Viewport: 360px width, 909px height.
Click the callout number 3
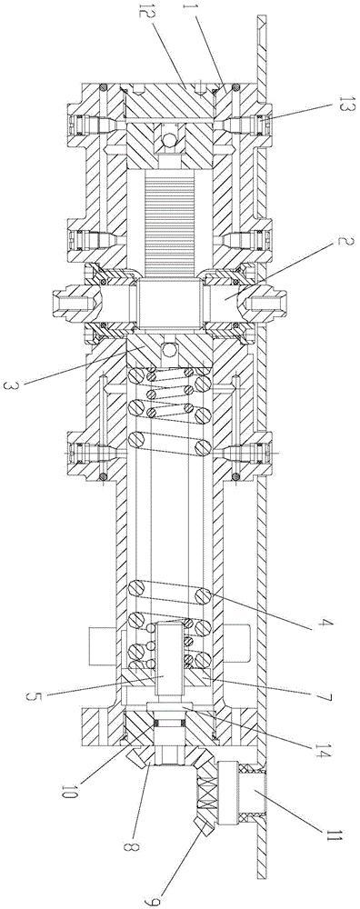point(18,385)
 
